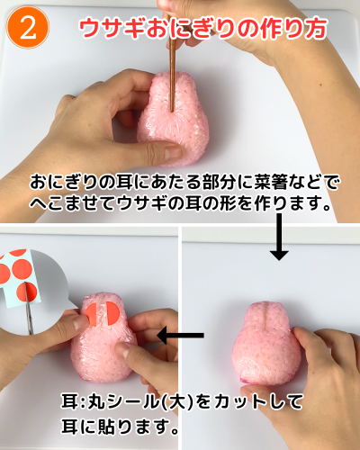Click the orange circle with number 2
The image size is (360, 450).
pos(27,28)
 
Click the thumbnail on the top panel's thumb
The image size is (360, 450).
pos(173,153)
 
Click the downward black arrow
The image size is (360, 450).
pos(279,237)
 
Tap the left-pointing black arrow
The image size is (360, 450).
pos(180,335)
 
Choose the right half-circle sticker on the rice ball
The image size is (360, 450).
pos(112,313)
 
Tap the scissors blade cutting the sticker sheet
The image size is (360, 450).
pos(29,309)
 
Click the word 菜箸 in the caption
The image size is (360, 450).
pos(270,182)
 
